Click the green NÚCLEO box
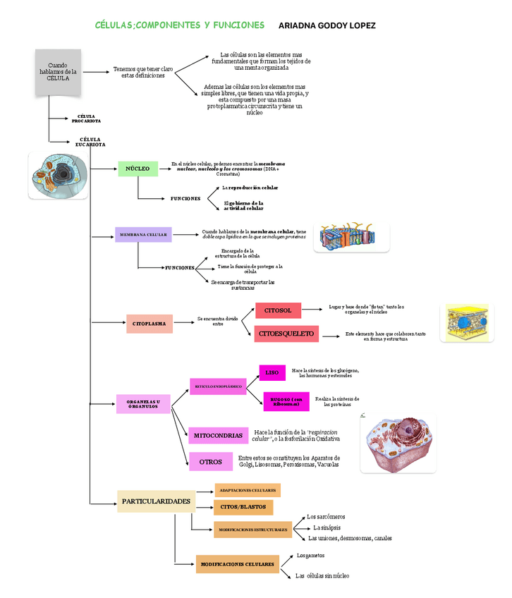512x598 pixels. [138, 169]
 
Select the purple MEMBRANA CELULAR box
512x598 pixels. [143, 235]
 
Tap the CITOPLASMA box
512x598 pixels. [150, 324]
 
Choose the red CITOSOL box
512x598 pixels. [278, 310]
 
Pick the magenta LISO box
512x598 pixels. [272, 372]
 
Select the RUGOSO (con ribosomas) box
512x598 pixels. [286, 401]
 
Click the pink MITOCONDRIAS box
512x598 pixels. [218, 436]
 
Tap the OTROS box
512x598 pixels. [210, 462]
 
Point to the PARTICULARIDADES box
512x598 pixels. [156, 501]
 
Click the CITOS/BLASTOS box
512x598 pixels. [243, 507]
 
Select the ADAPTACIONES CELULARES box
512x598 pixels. [248, 490]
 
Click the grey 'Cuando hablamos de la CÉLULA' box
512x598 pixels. [58, 73]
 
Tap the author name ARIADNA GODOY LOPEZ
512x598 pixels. [327, 26]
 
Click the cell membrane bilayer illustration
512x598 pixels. [351, 237]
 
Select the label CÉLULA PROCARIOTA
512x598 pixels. [86, 118]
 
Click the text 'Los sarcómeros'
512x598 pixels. [326, 517]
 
